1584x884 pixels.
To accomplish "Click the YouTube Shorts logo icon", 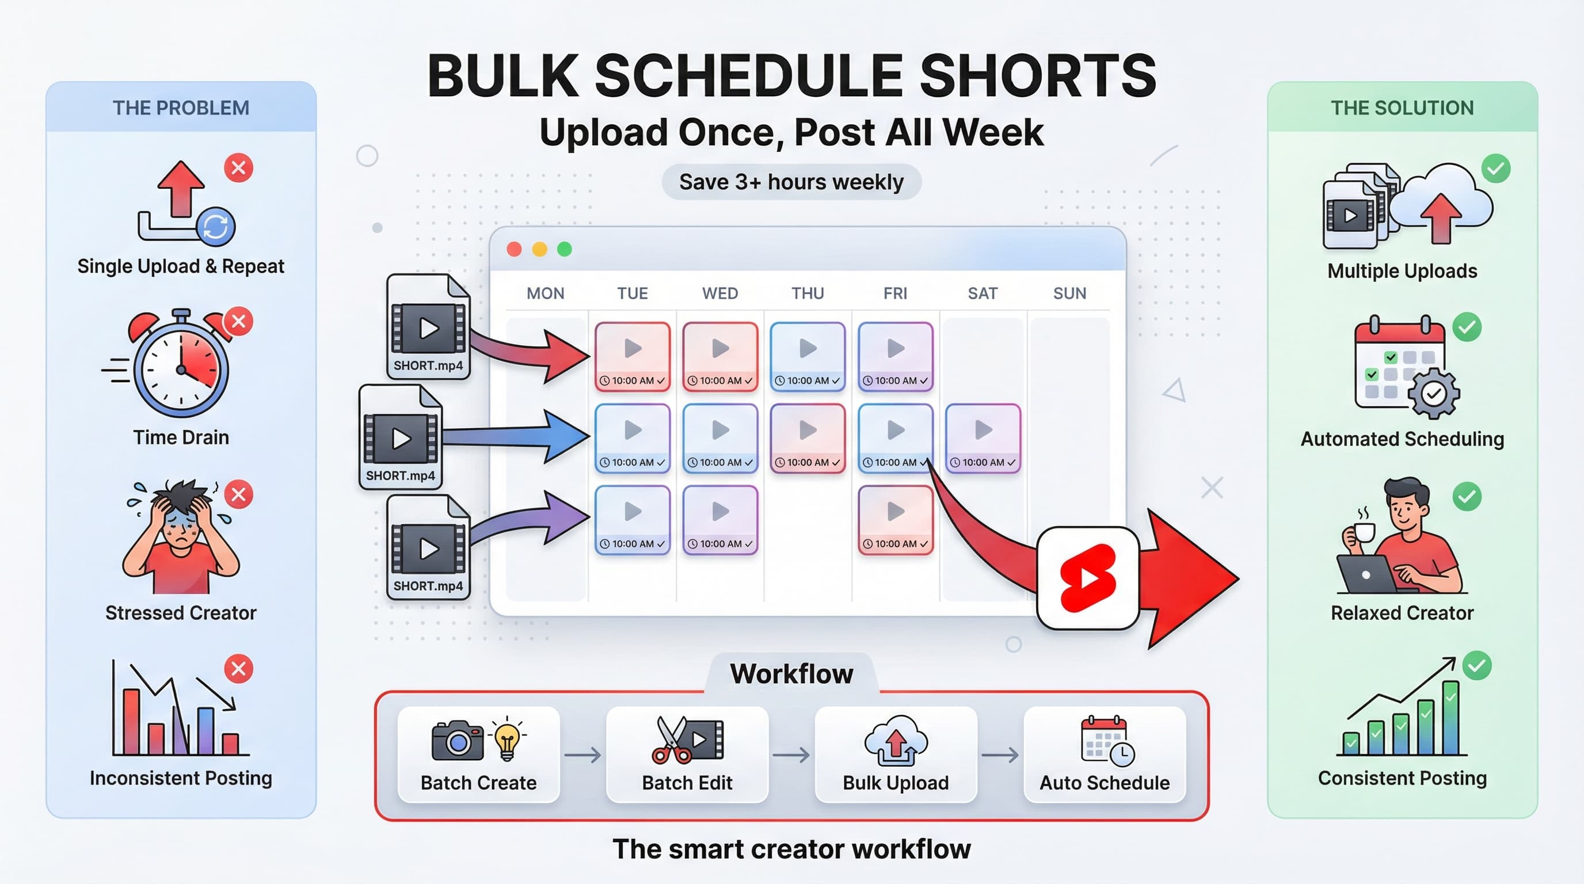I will (x=1088, y=578).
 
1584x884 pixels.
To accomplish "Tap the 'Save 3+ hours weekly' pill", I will (x=791, y=182).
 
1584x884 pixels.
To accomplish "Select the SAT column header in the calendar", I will (x=982, y=294).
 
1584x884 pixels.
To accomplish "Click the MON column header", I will (x=546, y=294).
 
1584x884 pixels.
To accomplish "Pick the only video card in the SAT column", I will (x=983, y=438).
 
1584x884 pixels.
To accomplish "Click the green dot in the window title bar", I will (x=565, y=249).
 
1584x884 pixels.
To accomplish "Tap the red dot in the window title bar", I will (x=514, y=249).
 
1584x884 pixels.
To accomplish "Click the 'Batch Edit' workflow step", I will (x=687, y=755).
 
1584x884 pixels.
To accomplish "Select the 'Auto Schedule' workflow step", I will (x=1105, y=755).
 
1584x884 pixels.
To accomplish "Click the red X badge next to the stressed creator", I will (x=239, y=494).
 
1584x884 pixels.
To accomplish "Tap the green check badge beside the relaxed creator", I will (x=1467, y=496).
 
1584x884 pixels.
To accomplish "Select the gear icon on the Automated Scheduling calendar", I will (x=1434, y=394).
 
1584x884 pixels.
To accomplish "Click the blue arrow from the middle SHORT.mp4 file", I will (x=516, y=436).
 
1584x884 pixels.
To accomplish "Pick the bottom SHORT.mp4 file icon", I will (x=429, y=547).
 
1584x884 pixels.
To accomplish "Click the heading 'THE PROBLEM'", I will (x=181, y=108).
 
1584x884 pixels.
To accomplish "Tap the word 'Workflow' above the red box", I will (x=791, y=674).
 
